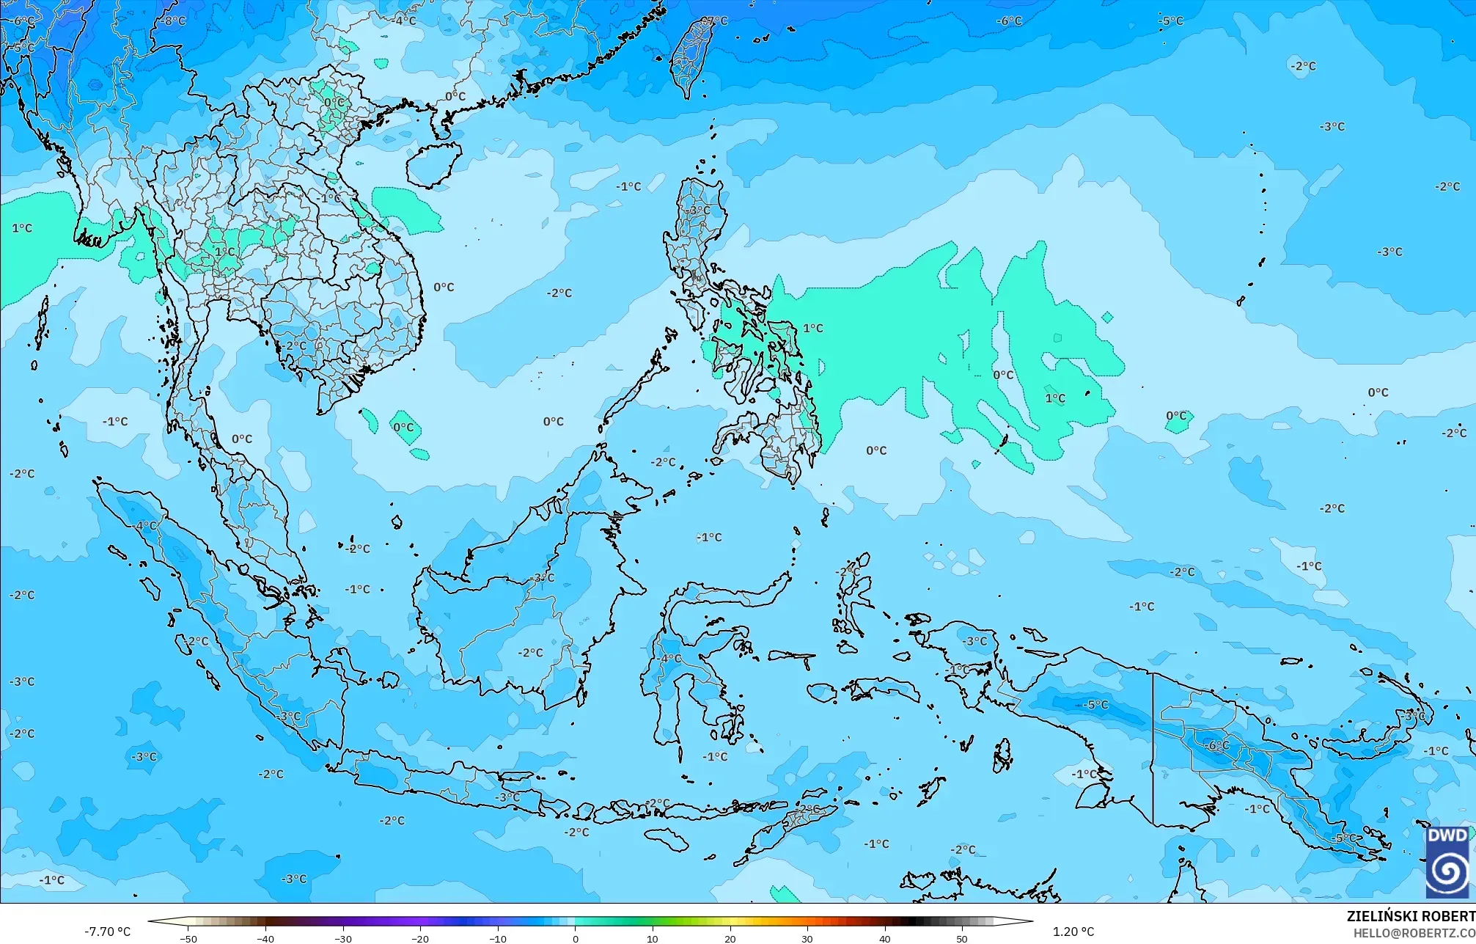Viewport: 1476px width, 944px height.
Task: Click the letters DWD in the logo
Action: pos(1447,835)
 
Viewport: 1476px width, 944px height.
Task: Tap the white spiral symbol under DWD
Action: pos(1447,871)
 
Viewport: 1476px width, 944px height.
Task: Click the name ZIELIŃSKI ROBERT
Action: pos(1410,916)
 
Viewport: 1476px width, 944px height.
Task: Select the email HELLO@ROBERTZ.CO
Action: pos(1414,933)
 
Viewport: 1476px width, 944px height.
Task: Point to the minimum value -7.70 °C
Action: pos(107,932)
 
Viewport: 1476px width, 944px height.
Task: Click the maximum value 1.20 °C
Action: pos(1073,932)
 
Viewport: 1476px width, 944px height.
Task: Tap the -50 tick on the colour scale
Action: pos(188,938)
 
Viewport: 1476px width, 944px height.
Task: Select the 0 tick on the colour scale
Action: pos(575,938)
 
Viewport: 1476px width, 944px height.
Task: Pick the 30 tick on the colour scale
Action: pos(807,938)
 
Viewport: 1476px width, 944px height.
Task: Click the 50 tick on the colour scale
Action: pos(962,938)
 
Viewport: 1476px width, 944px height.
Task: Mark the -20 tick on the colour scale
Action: pos(420,938)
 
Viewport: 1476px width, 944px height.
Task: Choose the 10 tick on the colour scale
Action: pos(653,938)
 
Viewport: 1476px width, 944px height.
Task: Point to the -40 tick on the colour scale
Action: pos(265,938)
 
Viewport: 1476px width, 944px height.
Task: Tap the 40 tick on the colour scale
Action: pos(885,938)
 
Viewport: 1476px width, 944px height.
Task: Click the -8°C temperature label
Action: pos(173,21)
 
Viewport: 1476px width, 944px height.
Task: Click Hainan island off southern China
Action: pos(433,164)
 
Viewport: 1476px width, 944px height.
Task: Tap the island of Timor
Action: pos(788,825)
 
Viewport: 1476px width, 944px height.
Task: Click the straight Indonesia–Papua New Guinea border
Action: pos(1153,748)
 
